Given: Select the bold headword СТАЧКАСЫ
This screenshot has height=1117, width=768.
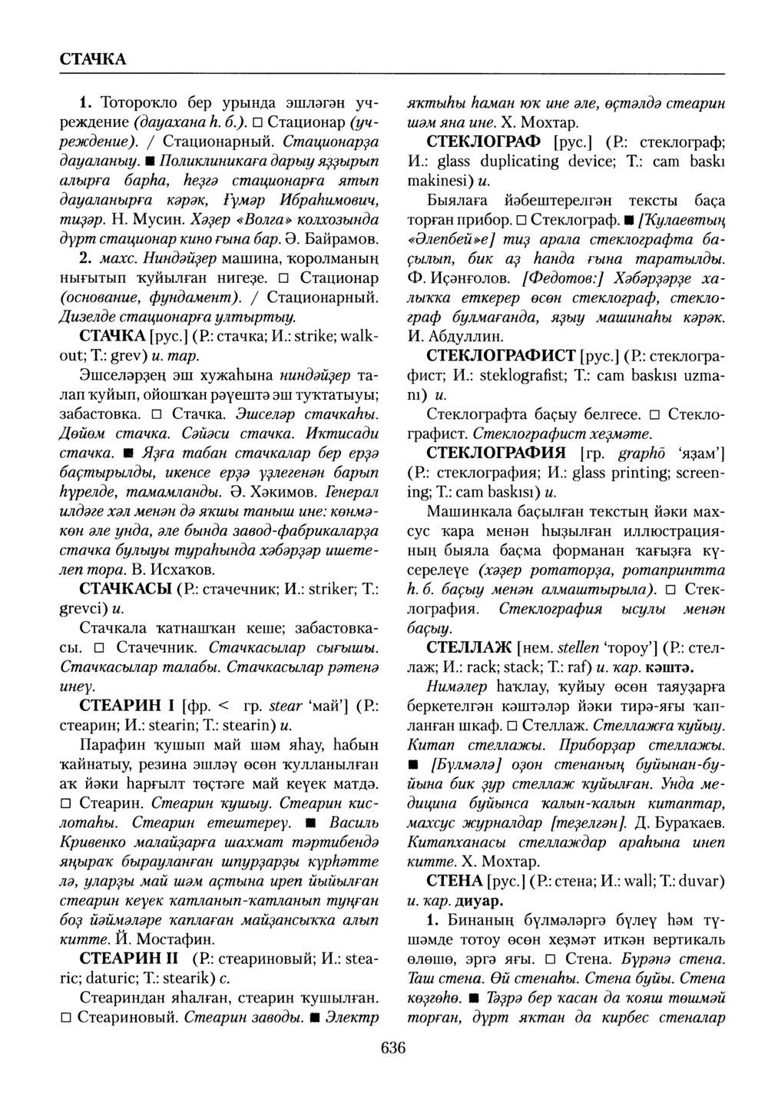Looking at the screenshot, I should [126, 590].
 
